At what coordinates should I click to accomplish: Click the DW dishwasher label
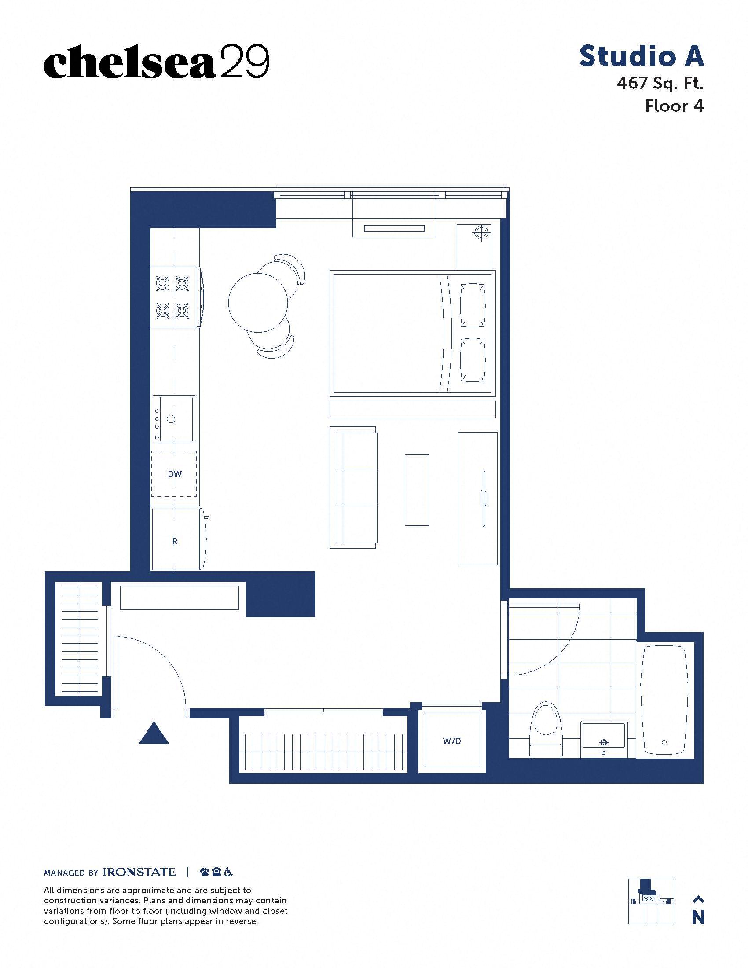(175, 474)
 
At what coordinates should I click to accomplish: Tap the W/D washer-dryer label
(452, 741)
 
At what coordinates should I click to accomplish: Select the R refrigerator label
(175, 541)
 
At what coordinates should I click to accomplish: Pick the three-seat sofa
(354, 488)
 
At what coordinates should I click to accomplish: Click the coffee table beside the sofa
(417, 490)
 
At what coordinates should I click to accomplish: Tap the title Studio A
(642, 56)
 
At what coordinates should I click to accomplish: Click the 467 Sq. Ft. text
(660, 83)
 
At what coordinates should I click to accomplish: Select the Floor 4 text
(674, 106)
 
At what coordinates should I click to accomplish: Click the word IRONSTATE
(139, 872)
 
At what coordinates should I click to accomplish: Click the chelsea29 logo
(157, 61)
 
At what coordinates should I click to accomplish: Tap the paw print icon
(205, 872)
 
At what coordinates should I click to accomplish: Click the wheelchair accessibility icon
(228, 872)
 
